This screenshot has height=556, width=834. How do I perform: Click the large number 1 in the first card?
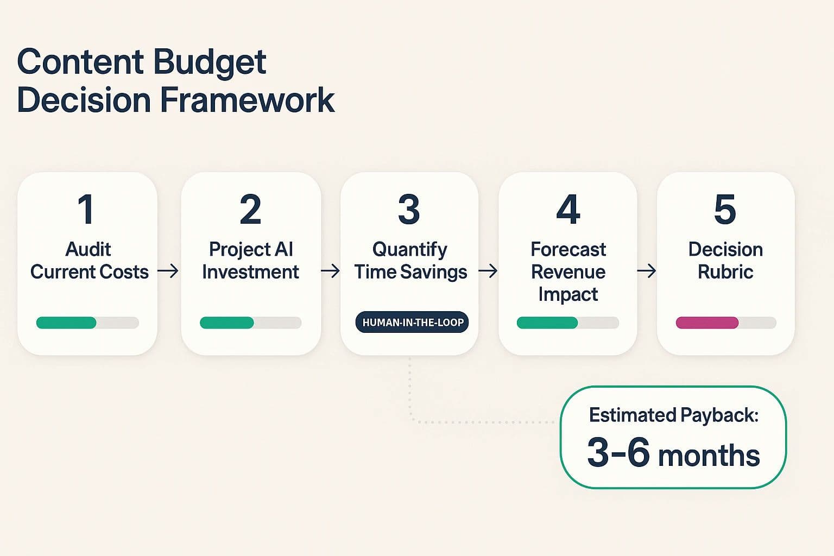(x=86, y=210)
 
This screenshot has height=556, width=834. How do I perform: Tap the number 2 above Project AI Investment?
(x=250, y=210)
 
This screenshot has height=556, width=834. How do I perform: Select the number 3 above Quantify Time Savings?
(x=409, y=210)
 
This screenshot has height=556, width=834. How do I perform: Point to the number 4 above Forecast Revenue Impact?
(x=568, y=210)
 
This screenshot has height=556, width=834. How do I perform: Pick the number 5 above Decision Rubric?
(x=725, y=210)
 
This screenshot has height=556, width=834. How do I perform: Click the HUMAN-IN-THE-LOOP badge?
(x=413, y=323)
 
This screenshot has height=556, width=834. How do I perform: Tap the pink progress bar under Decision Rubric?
(x=707, y=323)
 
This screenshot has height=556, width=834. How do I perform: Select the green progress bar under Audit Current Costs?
(x=66, y=323)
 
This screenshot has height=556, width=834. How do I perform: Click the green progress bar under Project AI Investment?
(x=227, y=323)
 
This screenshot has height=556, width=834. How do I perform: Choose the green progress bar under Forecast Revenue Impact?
(x=547, y=323)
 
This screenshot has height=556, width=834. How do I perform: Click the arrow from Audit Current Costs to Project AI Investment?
(x=168, y=270)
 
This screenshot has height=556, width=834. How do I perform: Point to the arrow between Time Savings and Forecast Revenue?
(x=488, y=270)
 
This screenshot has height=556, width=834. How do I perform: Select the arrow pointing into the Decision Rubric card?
(x=646, y=270)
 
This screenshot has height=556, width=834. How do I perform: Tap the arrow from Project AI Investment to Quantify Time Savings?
(x=330, y=270)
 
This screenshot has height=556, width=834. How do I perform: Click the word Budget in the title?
(x=209, y=62)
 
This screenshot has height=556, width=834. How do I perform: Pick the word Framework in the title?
(x=247, y=100)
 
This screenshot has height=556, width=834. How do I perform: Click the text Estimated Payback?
(x=673, y=415)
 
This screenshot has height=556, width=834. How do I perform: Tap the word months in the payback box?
(x=709, y=455)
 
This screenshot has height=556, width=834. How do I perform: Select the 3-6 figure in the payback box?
(x=618, y=452)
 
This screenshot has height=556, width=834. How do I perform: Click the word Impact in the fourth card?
(x=568, y=294)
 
